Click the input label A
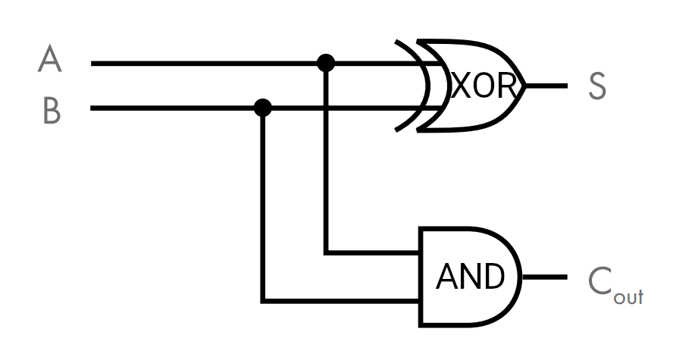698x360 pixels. pos(49,59)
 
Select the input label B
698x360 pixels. pos(52,111)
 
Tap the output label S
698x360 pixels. pos(597,86)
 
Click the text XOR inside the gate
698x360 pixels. pos(484,87)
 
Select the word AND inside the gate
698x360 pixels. pos(470,277)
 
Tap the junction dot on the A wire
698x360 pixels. pos(326,63)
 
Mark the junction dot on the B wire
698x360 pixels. pos(263,108)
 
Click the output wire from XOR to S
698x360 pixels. pos(546,86)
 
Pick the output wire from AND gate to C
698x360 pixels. pos(544,277)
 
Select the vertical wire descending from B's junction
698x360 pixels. pos(263,205)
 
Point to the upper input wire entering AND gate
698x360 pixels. pos(375,252)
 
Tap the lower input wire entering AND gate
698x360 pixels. pos(341,301)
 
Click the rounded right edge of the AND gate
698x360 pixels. pos(520,277)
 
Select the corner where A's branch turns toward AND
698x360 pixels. pos(326,252)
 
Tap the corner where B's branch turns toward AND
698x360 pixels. pos(263,301)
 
